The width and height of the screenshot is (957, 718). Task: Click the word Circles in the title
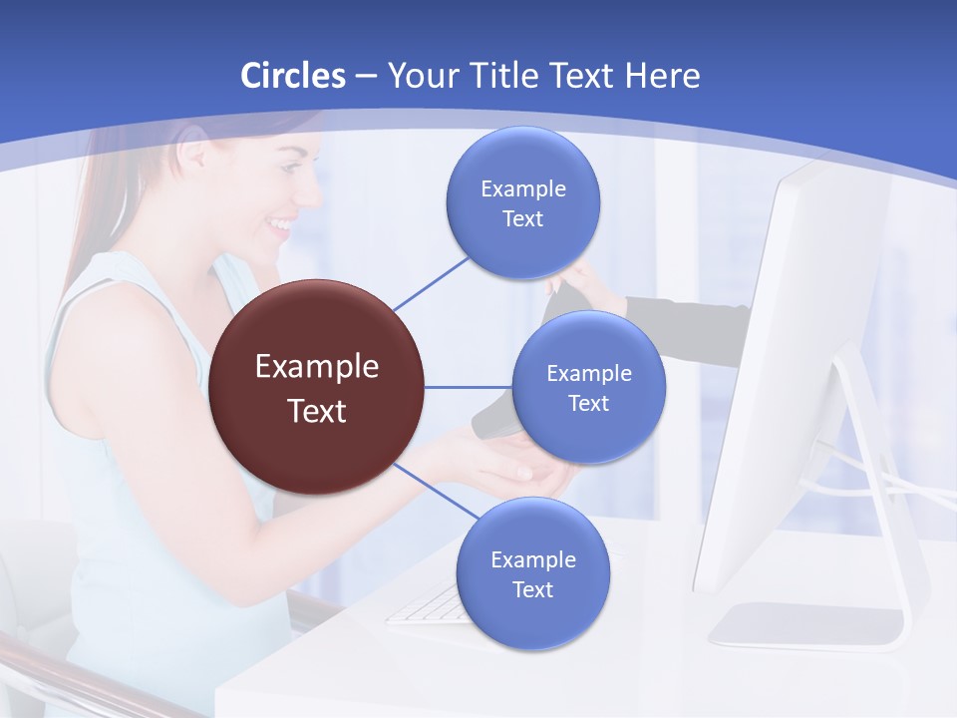pyautogui.click(x=293, y=76)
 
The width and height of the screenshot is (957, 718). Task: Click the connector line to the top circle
pyautogui.click(x=431, y=282)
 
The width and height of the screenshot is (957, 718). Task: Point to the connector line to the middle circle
pyautogui.click(x=469, y=387)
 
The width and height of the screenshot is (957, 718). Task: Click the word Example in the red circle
pyautogui.click(x=317, y=367)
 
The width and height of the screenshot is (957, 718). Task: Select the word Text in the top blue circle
pyautogui.click(x=522, y=219)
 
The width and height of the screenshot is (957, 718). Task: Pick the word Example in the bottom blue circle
pyautogui.click(x=532, y=559)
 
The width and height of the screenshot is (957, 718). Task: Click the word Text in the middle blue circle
pyautogui.click(x=588, y=403)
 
